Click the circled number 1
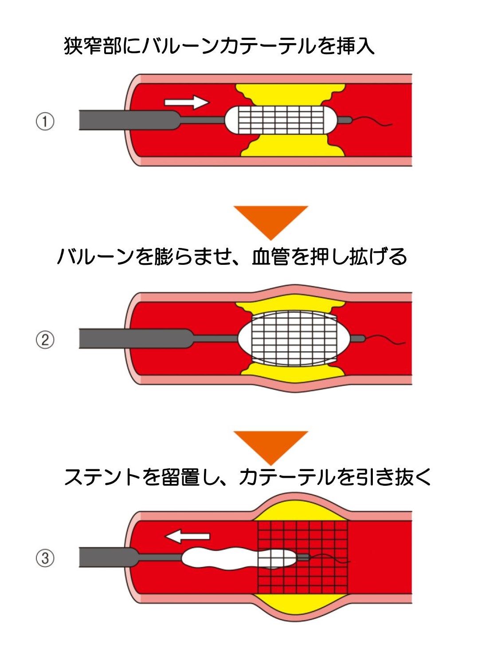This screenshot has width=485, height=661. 45,121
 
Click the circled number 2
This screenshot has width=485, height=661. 45,340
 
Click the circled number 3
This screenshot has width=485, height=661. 45,558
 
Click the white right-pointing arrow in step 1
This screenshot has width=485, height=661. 186,102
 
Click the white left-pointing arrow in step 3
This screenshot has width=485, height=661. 188,536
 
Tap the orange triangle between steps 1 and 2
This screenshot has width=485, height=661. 270,220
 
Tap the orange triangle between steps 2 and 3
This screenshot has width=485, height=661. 270,445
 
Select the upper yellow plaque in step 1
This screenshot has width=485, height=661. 290,94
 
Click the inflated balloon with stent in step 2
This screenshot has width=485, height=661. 293,338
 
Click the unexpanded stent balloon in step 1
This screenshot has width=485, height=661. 281,120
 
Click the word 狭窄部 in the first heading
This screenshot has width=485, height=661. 93,46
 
